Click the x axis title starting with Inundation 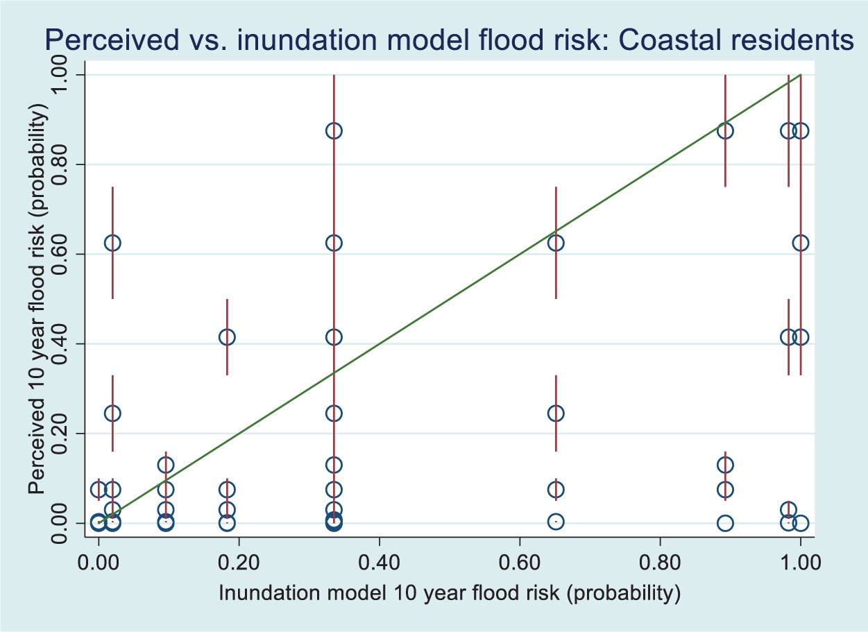[448, 593]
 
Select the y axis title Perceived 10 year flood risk [38, 299]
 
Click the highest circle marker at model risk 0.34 [334, 130]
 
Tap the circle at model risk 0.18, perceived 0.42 [227, 337]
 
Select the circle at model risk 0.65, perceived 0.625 [556, 243]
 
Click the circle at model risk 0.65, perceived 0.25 [556, 413]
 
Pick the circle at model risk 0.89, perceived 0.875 [725, 130]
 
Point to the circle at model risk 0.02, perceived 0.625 [112, 243]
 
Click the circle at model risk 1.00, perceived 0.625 [801, 243]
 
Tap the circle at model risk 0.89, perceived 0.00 [725, 523]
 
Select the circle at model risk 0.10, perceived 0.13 [165, 465]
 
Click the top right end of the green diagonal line [801, 75]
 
